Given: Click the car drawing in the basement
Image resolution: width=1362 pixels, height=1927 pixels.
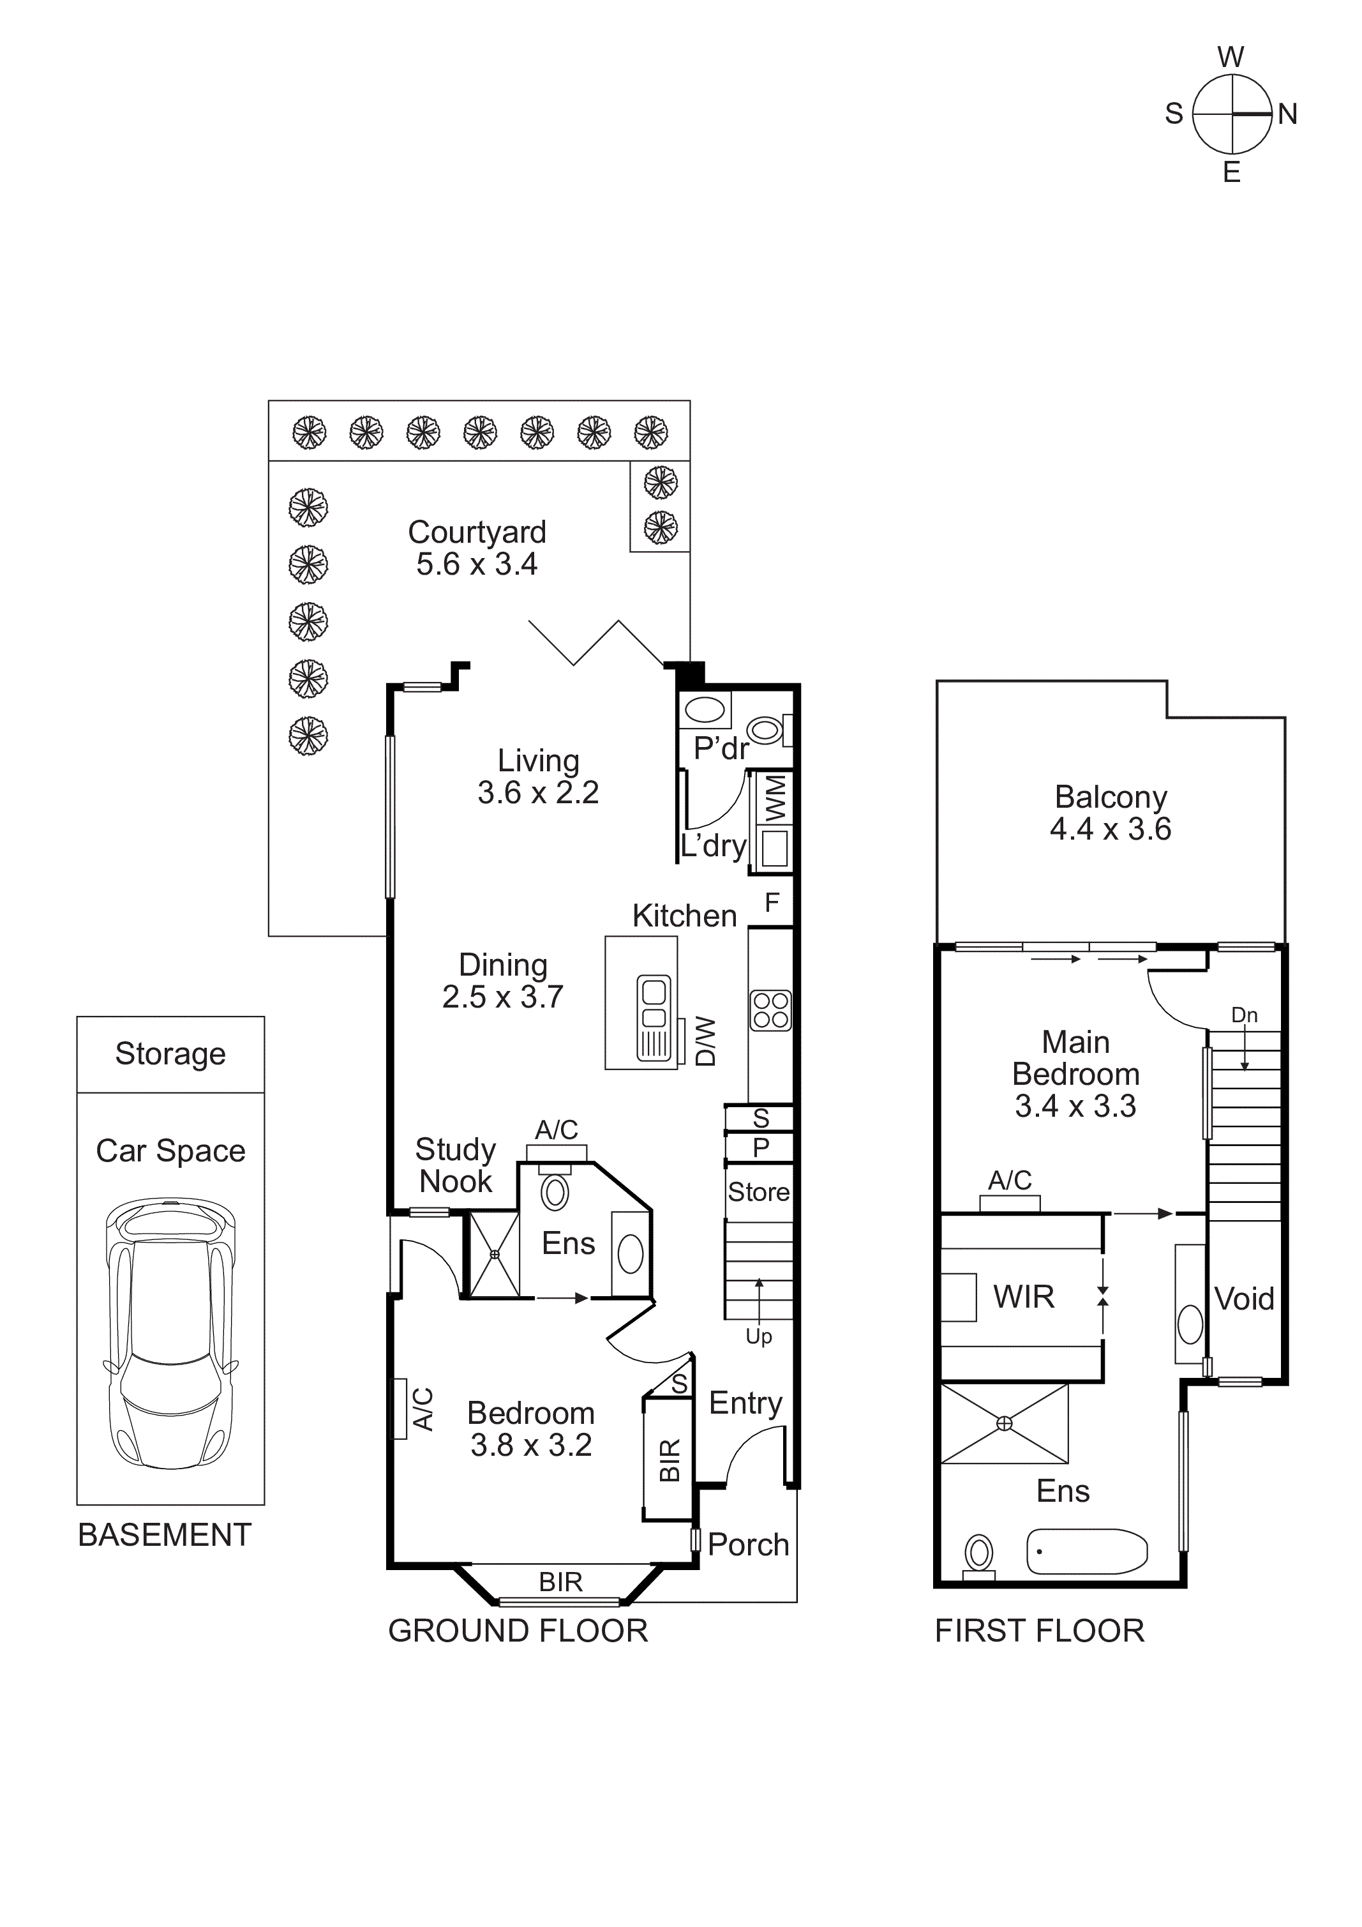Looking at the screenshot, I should [x=170, y=1334].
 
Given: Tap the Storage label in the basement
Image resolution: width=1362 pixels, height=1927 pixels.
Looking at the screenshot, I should [x=170, y=1054].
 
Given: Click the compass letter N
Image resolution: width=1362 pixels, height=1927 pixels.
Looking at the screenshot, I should [x=1287, y=114].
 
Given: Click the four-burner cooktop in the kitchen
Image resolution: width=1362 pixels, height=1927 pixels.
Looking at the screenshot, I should [x=770, y=1011].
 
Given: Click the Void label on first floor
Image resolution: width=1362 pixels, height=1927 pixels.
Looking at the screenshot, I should [x=1244, y=1299].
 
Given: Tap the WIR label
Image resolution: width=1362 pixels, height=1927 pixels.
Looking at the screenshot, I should [x=1023, y=1297].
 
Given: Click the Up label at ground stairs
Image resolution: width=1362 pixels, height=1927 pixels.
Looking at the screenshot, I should [x=759, y=1336].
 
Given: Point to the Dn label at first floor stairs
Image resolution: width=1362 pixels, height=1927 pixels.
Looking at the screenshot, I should [x=1244, y=1015].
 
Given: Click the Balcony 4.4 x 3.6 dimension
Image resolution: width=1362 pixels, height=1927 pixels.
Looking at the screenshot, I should [x=1111, y=829].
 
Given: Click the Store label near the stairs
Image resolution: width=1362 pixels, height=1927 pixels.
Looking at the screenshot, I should [x=759, y=1192].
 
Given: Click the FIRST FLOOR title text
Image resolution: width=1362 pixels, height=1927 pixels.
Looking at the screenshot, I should [x=1039, y=1631].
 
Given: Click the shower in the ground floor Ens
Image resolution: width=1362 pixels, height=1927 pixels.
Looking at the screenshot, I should [x=494, y=1255].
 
